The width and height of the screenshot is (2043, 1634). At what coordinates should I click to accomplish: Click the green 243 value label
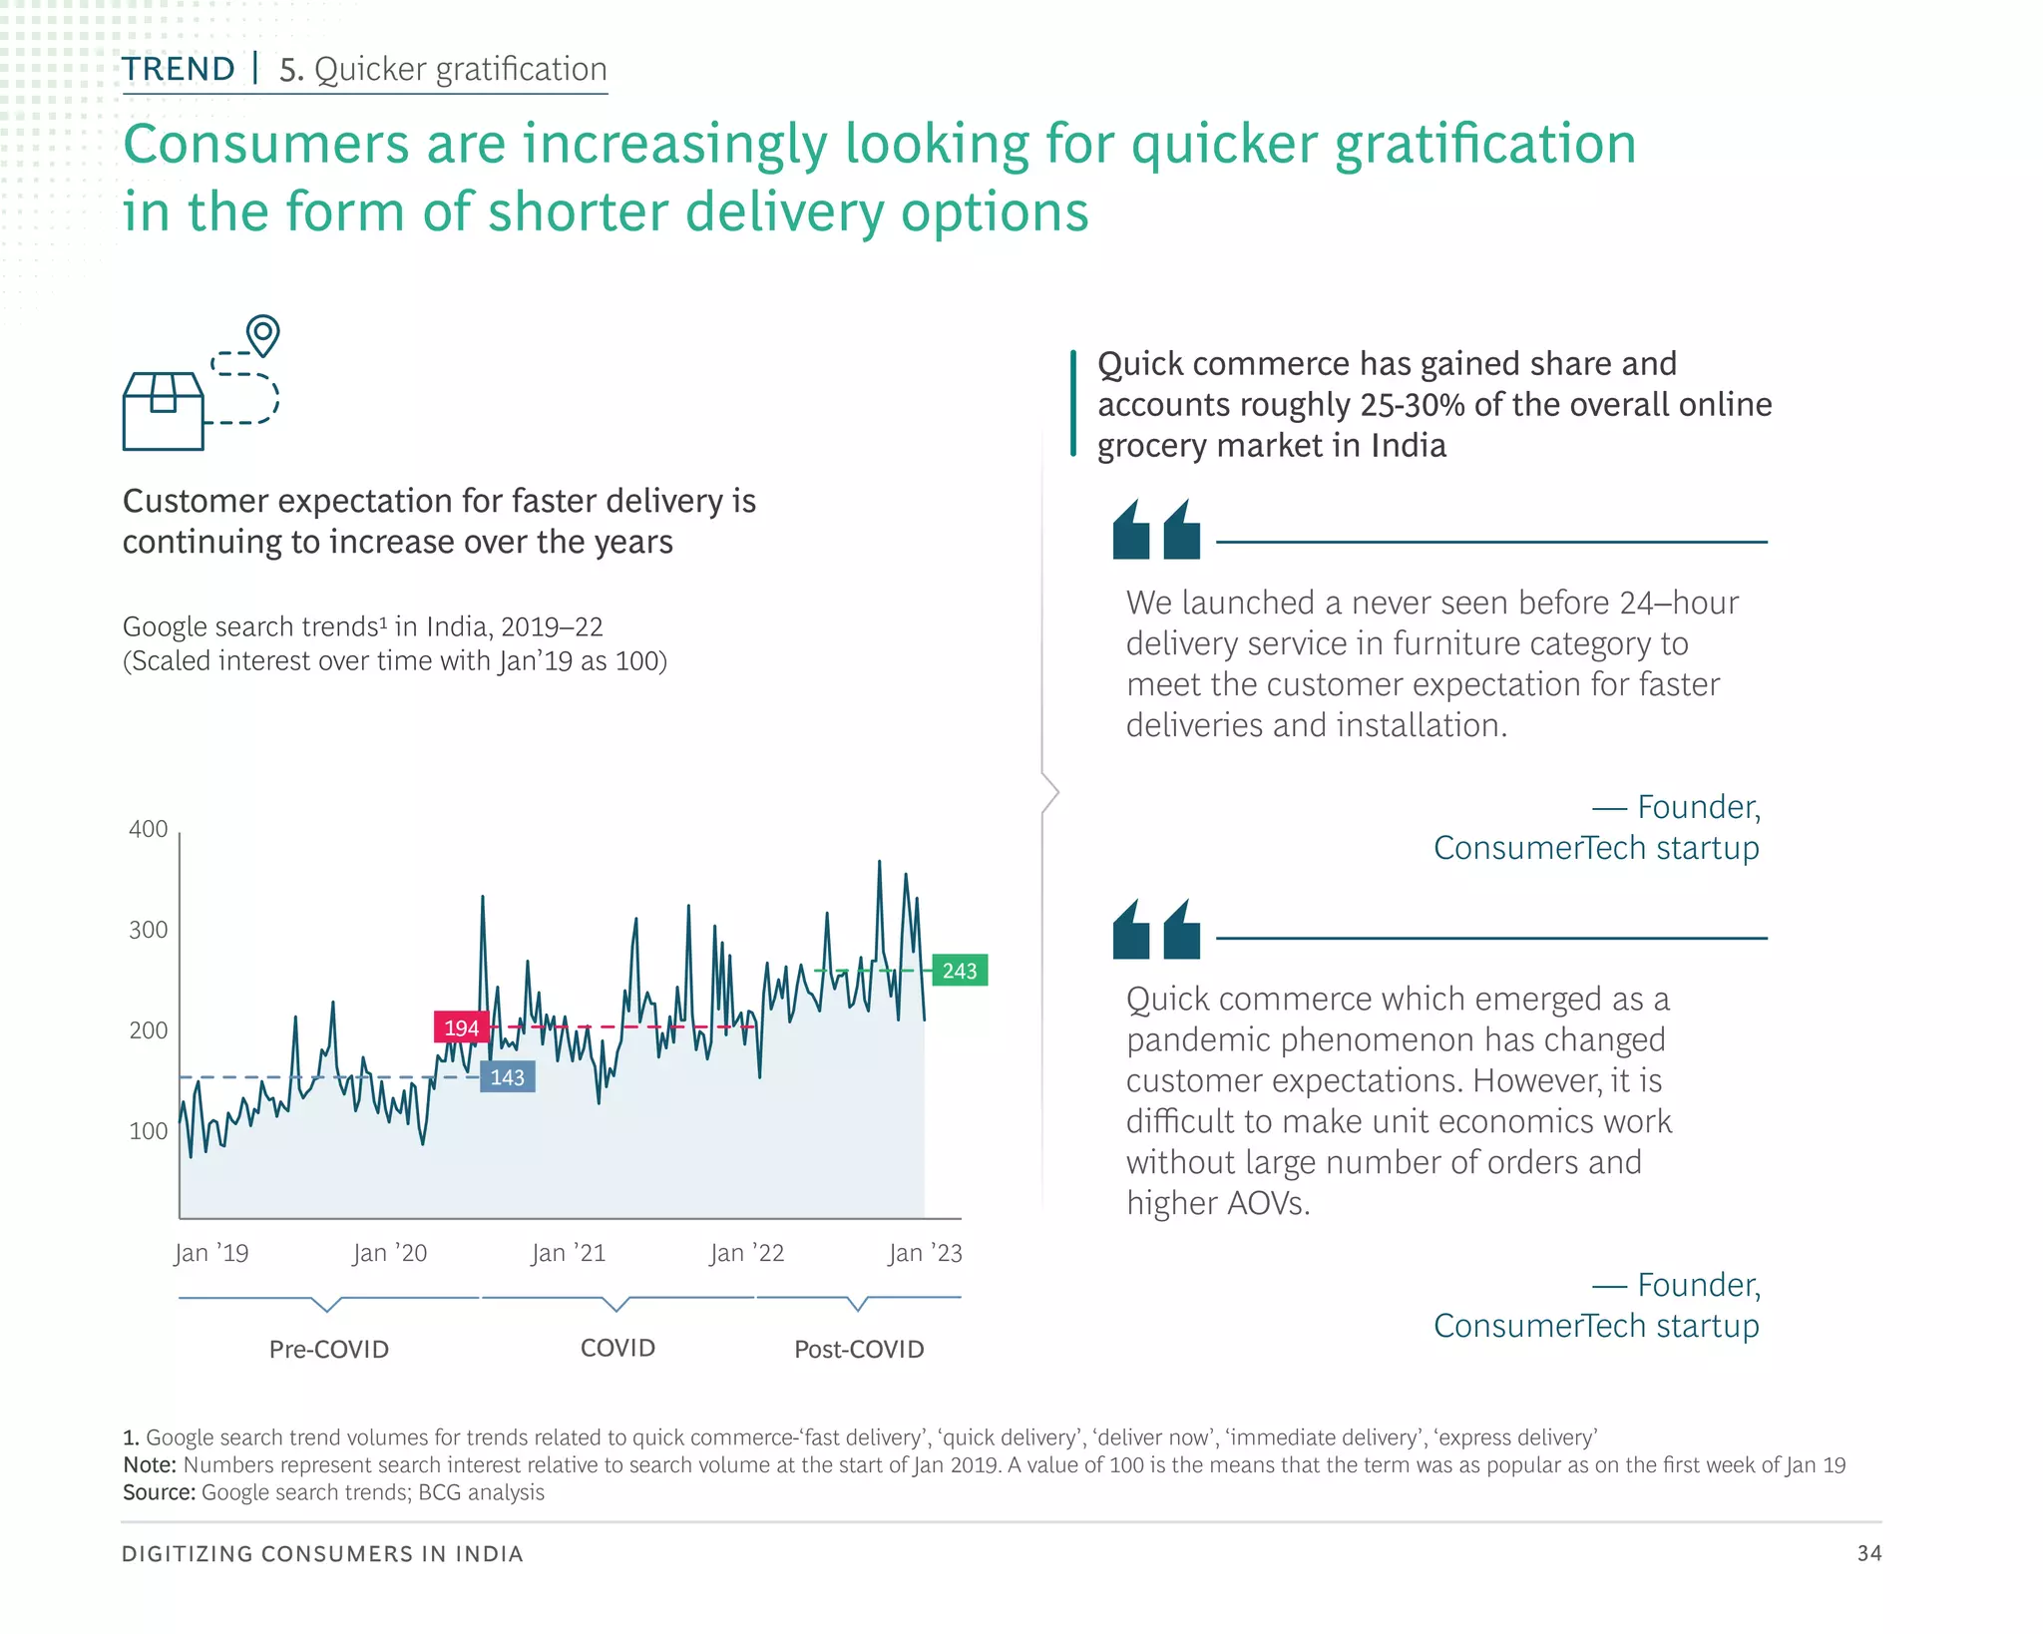(960, 971)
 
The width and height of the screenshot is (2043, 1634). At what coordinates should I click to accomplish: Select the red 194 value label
(461, 1027)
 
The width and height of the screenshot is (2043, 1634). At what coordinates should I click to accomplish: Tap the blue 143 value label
(507, 1077)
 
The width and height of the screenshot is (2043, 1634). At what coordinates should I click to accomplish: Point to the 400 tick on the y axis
(149, 829)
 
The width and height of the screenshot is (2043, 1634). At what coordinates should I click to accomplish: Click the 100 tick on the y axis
(149, 1131)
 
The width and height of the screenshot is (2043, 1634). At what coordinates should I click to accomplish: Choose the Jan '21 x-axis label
(568, 1253)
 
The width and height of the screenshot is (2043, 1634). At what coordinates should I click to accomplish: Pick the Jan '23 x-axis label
(925, 1253)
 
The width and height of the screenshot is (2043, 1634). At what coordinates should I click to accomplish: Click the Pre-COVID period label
(329, 1350)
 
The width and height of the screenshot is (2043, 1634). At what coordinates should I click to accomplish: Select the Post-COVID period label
(859, 1350)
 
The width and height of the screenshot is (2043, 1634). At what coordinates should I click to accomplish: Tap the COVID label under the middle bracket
(617, 1348)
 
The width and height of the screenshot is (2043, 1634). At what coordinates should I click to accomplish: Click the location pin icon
(263, 334)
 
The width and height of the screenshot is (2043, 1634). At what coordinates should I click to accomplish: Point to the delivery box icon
(164, 411)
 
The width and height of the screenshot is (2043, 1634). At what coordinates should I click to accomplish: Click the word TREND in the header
(179, 69)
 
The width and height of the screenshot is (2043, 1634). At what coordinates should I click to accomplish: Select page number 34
(1868, 1553)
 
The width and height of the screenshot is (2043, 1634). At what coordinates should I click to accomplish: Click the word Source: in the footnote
(159, 1492)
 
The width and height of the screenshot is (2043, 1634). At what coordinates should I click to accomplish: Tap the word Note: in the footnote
(150, 1464)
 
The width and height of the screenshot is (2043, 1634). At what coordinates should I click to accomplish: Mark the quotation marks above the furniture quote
(1156, 530)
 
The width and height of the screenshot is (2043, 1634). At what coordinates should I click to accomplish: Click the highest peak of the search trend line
(879, 861)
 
